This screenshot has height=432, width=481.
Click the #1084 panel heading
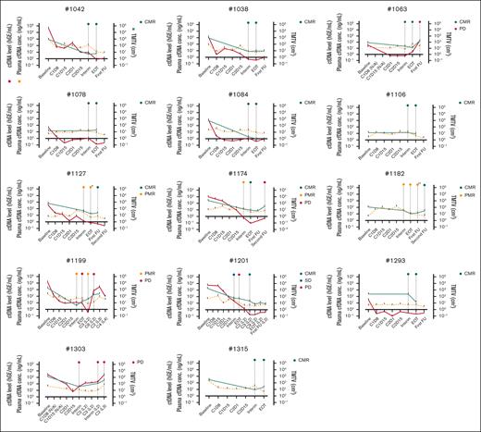(234, 93)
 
